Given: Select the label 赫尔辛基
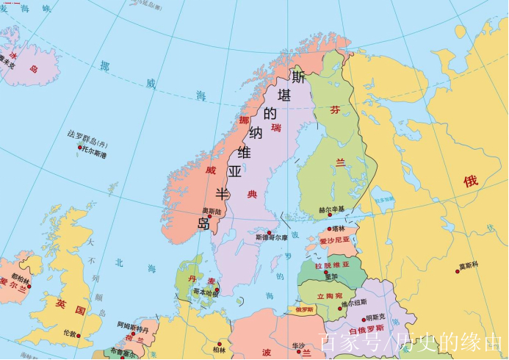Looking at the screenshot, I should point(331,210).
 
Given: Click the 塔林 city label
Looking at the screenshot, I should point(339,228).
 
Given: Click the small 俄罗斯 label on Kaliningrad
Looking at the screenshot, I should point(303,310).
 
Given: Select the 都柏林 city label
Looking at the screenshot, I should point(21,280).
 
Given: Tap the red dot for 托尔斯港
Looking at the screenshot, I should point(79,147).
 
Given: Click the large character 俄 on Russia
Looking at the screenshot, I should point(471,181).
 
